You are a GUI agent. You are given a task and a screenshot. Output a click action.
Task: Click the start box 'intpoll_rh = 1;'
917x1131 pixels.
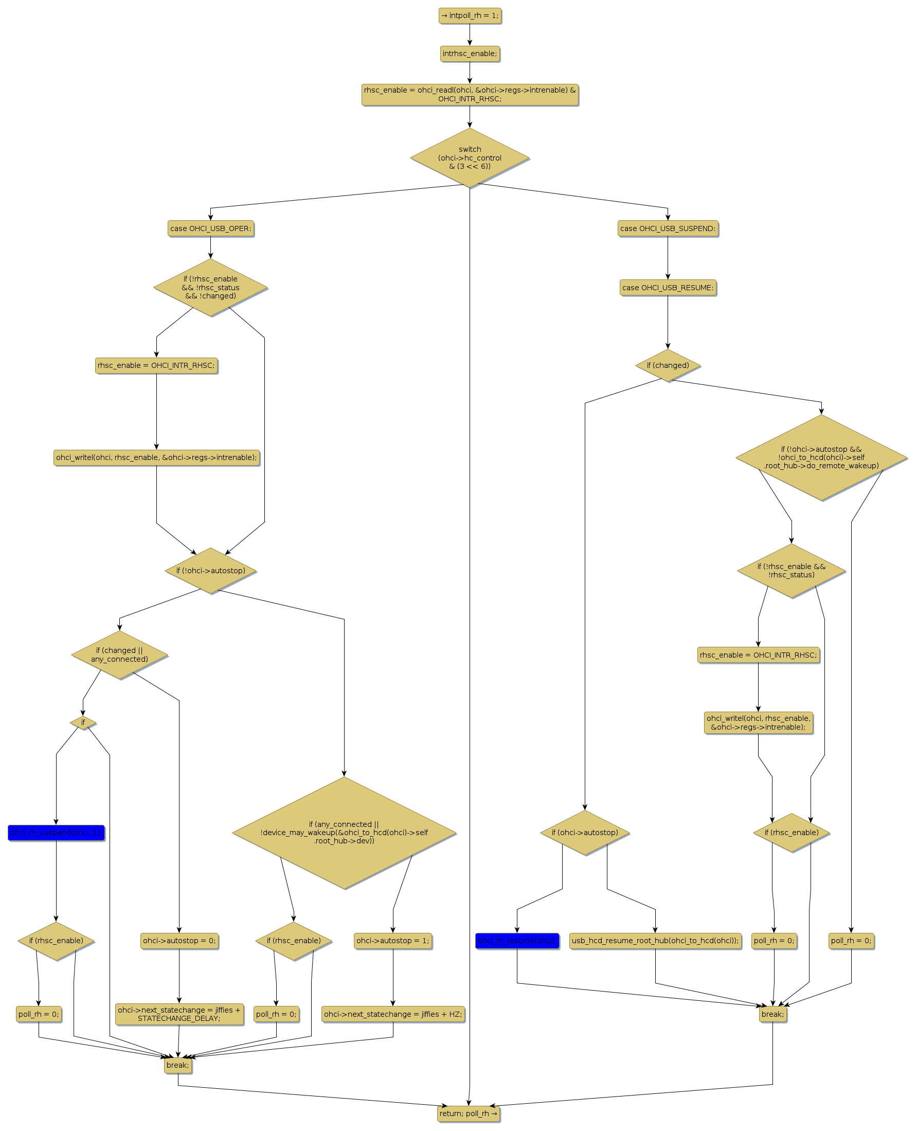pos(470,16)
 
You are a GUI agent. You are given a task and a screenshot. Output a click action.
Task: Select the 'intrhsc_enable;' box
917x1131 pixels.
pos(470,54)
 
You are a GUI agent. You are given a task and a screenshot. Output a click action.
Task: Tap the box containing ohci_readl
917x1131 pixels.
pos(470,95)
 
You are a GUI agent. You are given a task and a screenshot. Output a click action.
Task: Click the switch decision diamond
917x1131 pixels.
pos(470,157)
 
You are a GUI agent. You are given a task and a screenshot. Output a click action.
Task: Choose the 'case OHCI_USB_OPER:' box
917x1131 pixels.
pos(210,229)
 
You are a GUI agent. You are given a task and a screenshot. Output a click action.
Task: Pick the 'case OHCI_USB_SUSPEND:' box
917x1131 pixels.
pos(668,229)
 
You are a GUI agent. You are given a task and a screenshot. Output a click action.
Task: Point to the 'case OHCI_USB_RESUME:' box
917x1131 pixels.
pos(668,288)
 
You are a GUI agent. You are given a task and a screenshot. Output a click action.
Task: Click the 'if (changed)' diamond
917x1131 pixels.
pos(668,365)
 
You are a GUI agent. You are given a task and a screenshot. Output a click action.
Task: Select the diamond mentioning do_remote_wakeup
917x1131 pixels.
pos(821,457)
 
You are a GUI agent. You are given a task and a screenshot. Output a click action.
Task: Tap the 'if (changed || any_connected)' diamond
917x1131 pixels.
pos(119,655)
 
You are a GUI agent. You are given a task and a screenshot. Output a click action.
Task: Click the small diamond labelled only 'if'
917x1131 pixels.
pos(83,722)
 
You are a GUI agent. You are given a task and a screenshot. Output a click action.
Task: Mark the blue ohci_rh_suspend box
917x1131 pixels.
pos(56,833)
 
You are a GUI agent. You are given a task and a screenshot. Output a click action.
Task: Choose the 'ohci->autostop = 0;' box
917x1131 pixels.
pos(179,941)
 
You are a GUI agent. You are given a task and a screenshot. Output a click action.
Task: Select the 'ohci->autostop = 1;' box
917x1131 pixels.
pos(392,941)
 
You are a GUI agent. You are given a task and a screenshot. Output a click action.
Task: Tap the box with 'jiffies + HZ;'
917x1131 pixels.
pos(392,1014)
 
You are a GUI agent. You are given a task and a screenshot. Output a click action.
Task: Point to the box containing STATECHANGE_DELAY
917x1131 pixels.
pos(179,1014)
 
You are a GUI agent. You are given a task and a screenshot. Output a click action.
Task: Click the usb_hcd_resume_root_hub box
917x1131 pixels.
pos(655,941)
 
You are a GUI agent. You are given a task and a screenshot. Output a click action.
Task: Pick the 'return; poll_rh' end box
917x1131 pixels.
pos(468,1114)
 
